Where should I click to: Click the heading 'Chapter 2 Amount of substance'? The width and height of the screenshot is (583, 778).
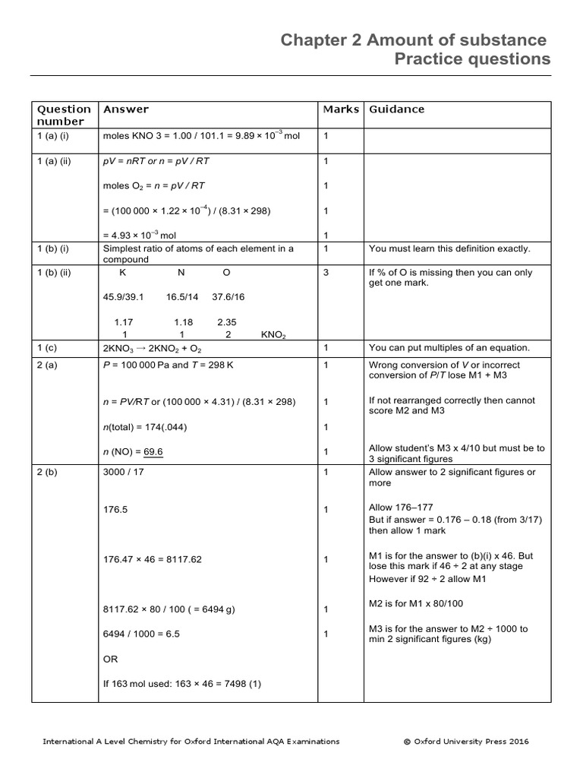point(413,40)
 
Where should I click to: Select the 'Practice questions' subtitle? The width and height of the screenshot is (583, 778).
point(472,60)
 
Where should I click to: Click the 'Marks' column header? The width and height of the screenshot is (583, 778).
point(341,109)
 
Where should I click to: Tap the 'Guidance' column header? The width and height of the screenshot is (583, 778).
point(396,109)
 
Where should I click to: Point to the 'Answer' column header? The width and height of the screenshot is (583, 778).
point(126,109)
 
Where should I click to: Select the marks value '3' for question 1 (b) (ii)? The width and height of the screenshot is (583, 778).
point(326,272)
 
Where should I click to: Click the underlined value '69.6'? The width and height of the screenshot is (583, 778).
point(153,452)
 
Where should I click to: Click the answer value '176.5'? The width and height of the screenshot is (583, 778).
point(115,510)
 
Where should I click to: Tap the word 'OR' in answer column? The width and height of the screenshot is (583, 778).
point(110,659)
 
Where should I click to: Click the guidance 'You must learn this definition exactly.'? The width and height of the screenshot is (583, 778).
point(449,248)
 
